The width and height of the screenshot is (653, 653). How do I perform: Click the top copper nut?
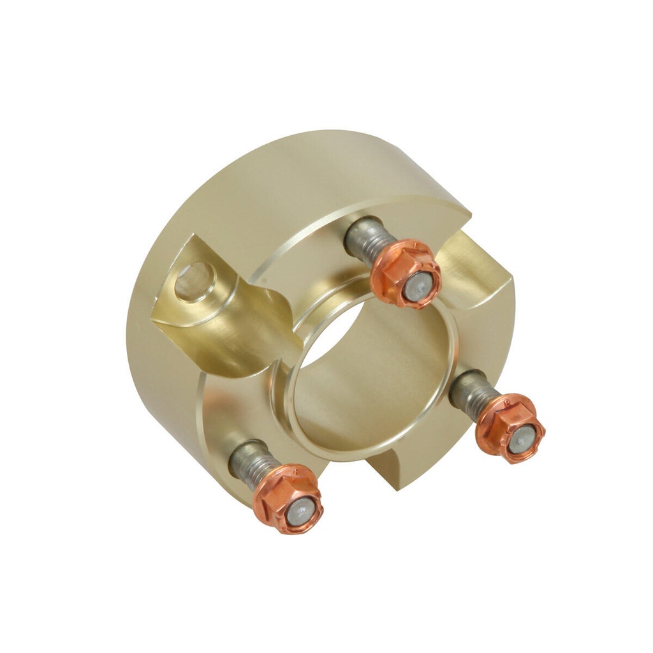coord(406,274)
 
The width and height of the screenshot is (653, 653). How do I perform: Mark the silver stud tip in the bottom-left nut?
coord(300,511)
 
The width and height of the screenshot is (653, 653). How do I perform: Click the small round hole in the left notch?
coord(194,281)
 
